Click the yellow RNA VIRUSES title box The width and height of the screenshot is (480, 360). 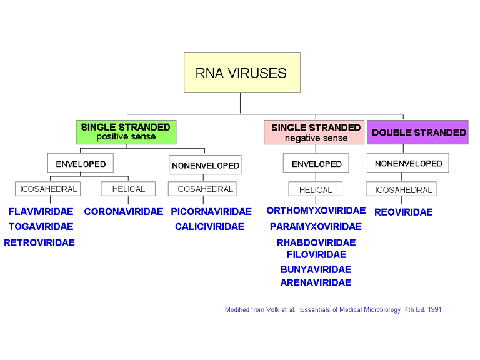point(241,72)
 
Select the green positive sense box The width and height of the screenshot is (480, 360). point(126,132)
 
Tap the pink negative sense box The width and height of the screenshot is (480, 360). point(314,132)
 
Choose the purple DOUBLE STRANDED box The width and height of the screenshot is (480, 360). point(418,132)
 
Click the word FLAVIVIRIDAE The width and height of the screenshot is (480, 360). point(41,211)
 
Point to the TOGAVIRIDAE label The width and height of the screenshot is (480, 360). point(41,226)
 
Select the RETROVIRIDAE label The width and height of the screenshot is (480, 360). point(39,242)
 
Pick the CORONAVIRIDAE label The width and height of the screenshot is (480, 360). point(123,211)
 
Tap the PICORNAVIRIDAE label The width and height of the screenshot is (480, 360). point(211,211)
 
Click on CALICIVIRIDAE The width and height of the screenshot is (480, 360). point(209,226)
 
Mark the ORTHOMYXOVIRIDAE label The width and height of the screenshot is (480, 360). point(316,211)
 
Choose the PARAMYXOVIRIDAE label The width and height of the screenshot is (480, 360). point(316,226)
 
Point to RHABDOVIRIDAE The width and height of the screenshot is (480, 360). point(316,242)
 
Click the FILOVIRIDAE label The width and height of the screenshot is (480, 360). point(316,254)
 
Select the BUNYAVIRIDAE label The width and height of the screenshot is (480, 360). point(316,270)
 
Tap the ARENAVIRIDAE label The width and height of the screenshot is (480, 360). point(316,282)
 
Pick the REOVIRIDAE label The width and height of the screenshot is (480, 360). point(403,212)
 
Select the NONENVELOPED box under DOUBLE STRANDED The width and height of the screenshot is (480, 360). point(408,164)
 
